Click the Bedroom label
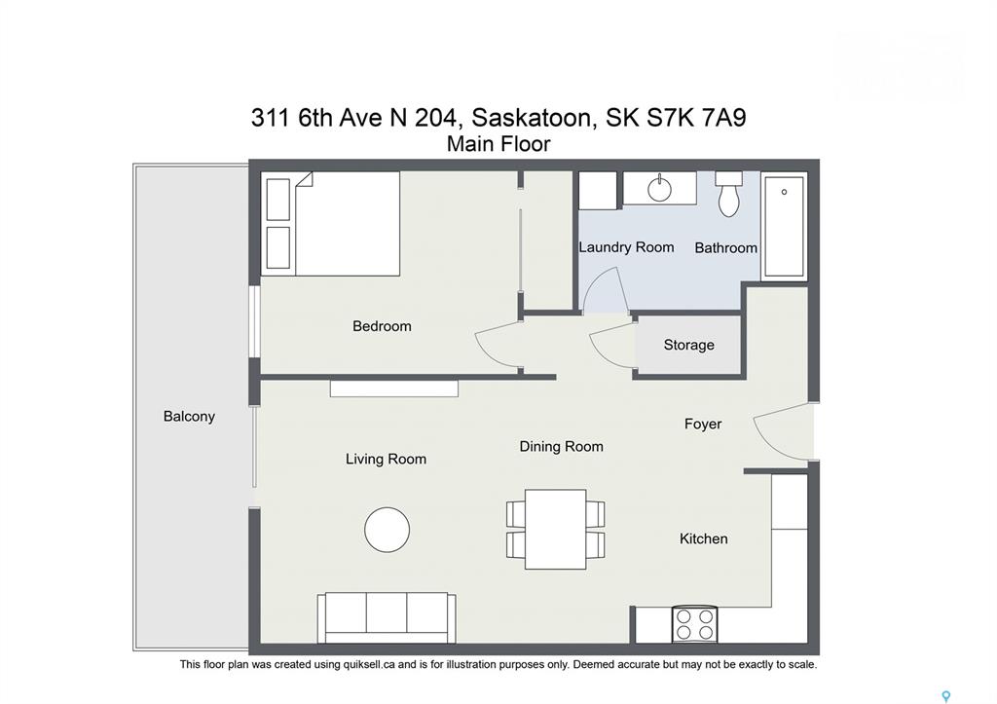[382, 326]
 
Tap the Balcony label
[189, 417]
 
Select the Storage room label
[688, 345]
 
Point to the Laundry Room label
[626, 247]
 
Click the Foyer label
[703, 425]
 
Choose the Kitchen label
[703, 538]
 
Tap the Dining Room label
[561, 446]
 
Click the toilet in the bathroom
[728, 194]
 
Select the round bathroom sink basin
[659, 189]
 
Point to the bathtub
[784, 227]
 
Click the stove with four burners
[694, 624]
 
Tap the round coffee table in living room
[387, 530]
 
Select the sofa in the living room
[387, 617]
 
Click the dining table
[555, 529]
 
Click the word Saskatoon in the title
[535, 118]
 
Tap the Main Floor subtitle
[498, 144]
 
